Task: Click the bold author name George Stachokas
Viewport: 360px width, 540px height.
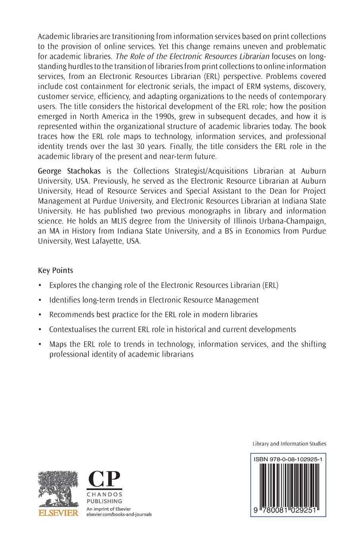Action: pyautogui.click(x=69, y=171)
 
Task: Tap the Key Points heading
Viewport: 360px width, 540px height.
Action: pyautogui.click(x=56, y=270)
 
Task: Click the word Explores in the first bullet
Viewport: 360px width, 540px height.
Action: pyautogui.click(x=63, y=285)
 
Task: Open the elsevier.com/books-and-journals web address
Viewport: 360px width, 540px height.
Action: pyautogui.click(x=119, y=515)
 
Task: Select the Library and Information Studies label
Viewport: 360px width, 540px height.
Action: pyautogui.click(x=289, y=444)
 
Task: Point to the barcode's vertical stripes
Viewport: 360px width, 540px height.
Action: pyautogui.click(x=289, y=485)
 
